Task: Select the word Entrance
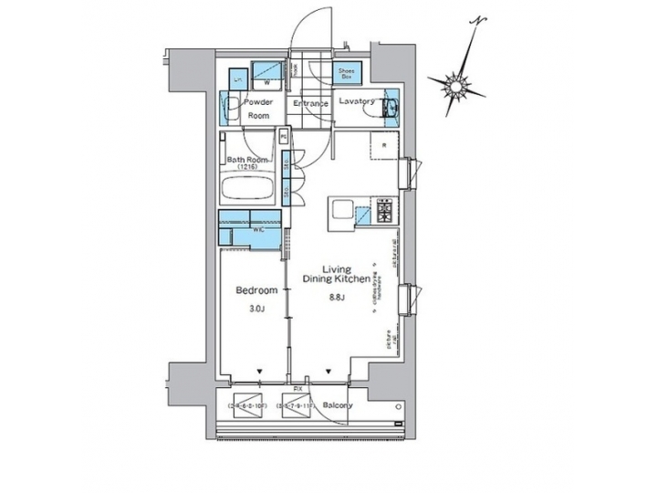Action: [x=309, y=103]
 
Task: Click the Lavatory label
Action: [x=357, y=102]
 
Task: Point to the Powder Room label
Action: [x=259, y=110]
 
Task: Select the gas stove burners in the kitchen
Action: [x=383, y=214]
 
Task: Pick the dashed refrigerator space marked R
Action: [x=384, y=146]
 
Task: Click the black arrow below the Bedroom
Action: [x=261, y=372]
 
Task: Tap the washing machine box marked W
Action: [x=267, y=72]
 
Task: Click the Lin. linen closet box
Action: [x=237, y=80]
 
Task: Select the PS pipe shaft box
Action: [x=285, y=138]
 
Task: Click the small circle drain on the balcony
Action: [x=398, y=403]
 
